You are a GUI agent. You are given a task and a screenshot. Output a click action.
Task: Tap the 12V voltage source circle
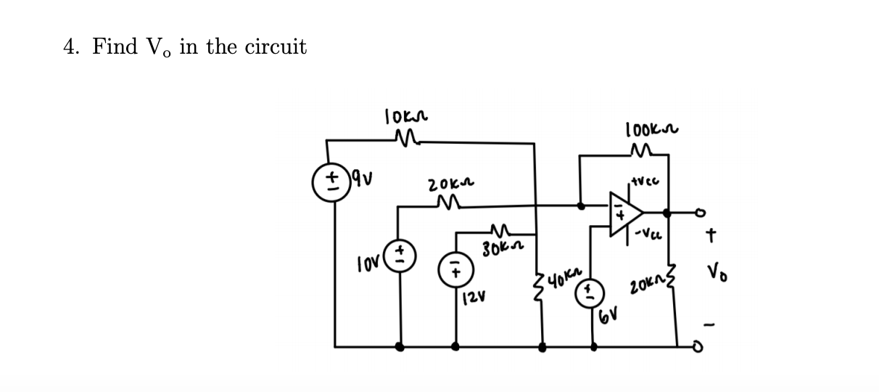455,269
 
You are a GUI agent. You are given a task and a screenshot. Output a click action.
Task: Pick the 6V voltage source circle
590,291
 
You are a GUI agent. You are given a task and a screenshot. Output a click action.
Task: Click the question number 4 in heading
70,47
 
